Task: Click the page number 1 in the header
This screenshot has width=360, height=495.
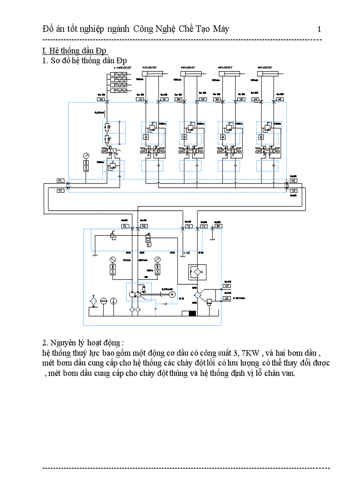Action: point(319,30)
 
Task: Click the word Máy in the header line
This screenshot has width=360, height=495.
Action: point(220,30)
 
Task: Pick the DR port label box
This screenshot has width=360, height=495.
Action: point(218,226)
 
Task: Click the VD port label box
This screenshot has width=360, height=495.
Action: point(227,286)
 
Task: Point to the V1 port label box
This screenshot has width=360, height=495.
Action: point(227,298)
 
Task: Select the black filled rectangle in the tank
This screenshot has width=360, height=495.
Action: point(192,313)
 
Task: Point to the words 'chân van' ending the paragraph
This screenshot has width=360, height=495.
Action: point(281,373)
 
